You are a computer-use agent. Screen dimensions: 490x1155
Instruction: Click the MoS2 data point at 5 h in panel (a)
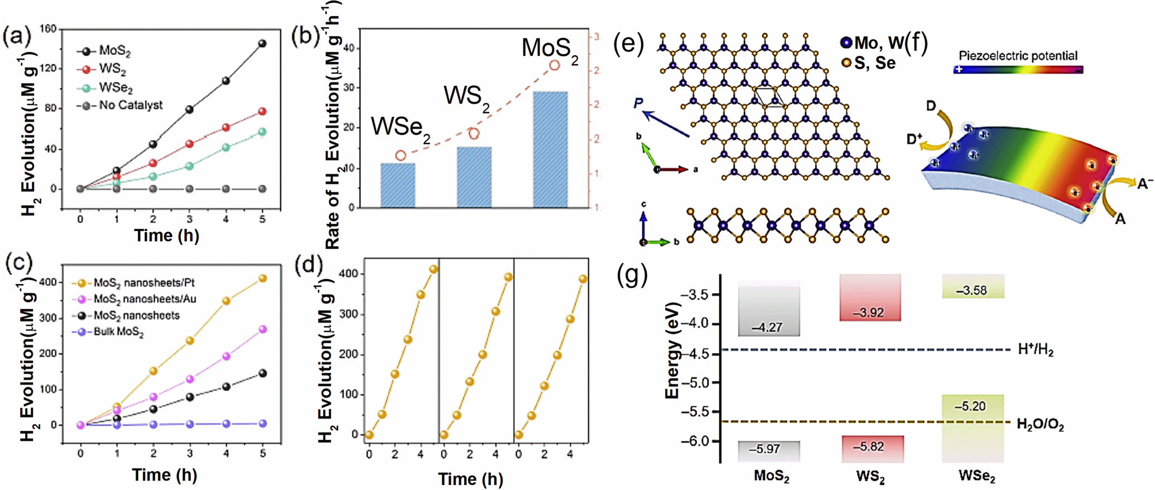262,44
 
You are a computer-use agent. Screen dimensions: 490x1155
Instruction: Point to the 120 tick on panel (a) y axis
49,68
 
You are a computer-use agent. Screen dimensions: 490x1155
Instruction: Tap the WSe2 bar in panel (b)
398,185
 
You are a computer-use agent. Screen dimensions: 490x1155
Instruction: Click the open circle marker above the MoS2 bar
555,65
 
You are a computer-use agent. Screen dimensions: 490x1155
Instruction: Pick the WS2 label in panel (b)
466,97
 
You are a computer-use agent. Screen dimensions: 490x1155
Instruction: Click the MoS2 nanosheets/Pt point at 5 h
262,278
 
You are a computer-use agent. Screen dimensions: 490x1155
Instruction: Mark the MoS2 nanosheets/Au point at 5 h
262,329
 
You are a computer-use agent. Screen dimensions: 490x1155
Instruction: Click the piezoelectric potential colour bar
1018,70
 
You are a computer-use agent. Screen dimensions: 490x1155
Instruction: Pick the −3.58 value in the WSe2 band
971,290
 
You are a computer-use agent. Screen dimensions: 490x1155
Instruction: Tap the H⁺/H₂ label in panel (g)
1036,350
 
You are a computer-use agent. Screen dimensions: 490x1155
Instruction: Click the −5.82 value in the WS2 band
869,447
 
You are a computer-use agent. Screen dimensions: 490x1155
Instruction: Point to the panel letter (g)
633,276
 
